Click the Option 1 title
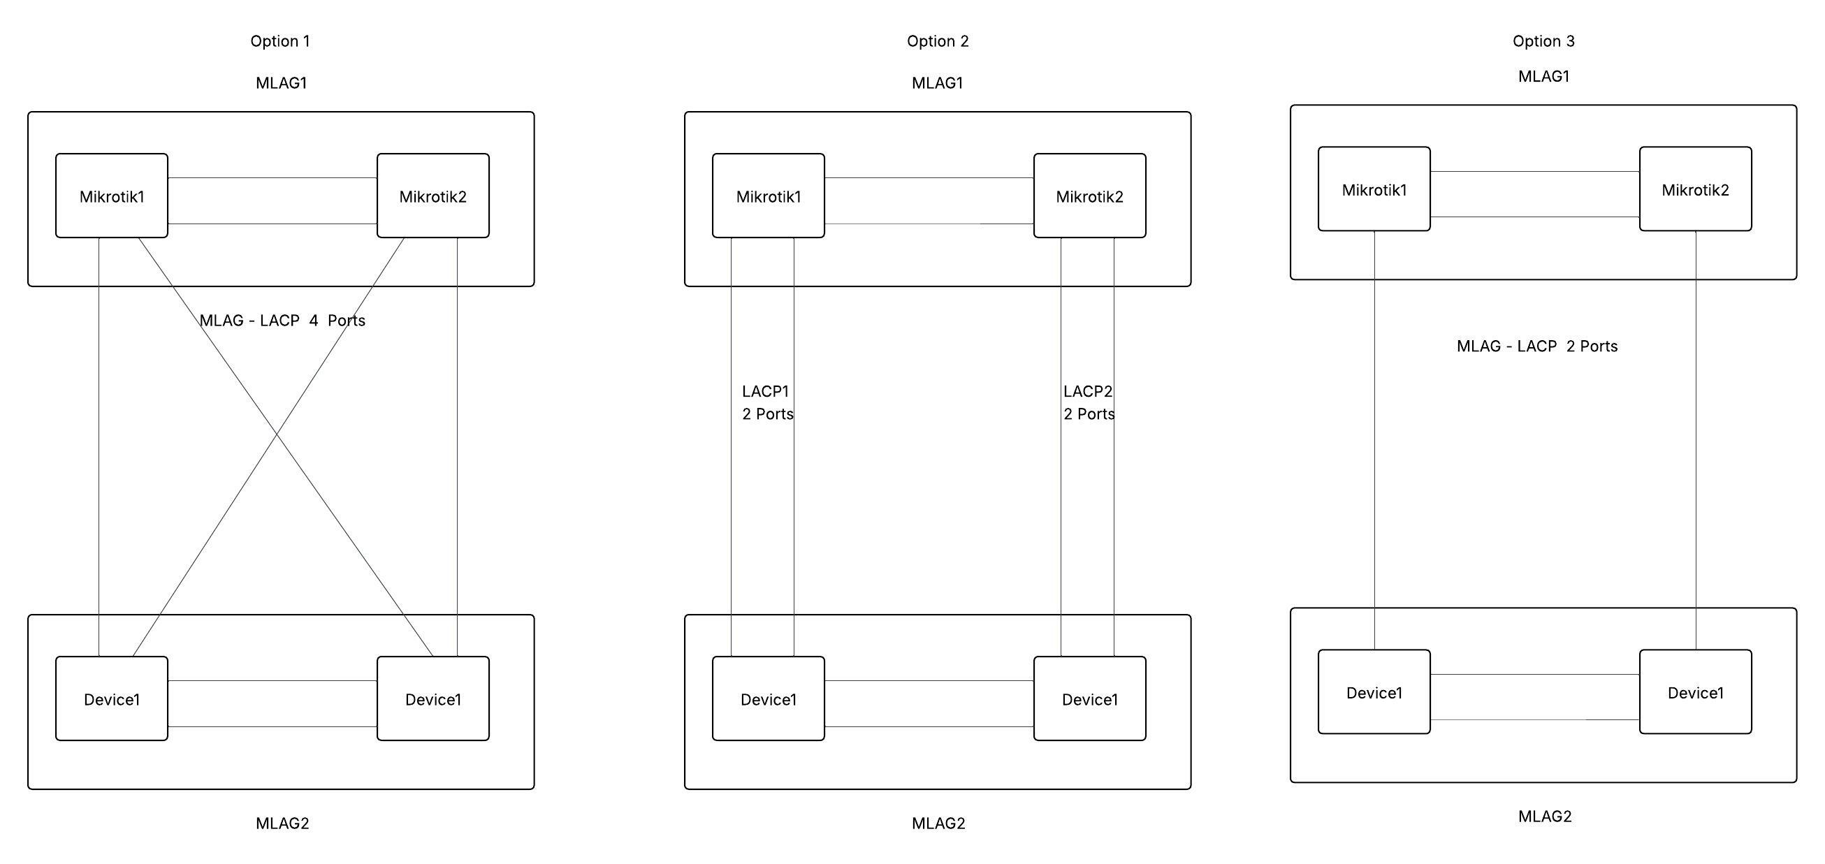pyautogui.click(x=280, y=41)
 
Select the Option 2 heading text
pyautogui.click(x=937, y=41)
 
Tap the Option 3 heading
pyautogui.click(x=1543, y=41)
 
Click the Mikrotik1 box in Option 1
pyautogui.click(x=112, y=196)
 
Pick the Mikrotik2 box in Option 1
pyautogui.click(x=433, y=196)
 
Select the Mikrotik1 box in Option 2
pyautogui.click(x=768, y=196)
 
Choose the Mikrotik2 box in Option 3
pyautogui.click(x=1694, y=189)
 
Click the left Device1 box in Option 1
pyautogui.click(x=112, y=699)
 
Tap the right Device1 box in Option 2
pyautogui.click(x=1089, y=699)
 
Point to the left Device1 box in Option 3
pyautogui.click(x=1374, y=692)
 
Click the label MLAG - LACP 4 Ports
pyautogui.click(x=282, y=320)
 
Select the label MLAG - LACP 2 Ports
pyautogui.click(x=1536, y=346)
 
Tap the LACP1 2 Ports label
pyautogui.click(x=767, y=402)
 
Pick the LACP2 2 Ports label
pyautogui.click(x=1088, y=402)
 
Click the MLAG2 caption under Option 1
pyautogui.click(x=282, y=823)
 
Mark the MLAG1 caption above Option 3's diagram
pyautogui.click(x=1543, y=77)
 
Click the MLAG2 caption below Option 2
pyautogui.click(x=938, y=823)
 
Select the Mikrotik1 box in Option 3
pyautogui.click(x=1374, y=189)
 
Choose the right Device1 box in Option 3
pyautogui.click(x=1694, y=692)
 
